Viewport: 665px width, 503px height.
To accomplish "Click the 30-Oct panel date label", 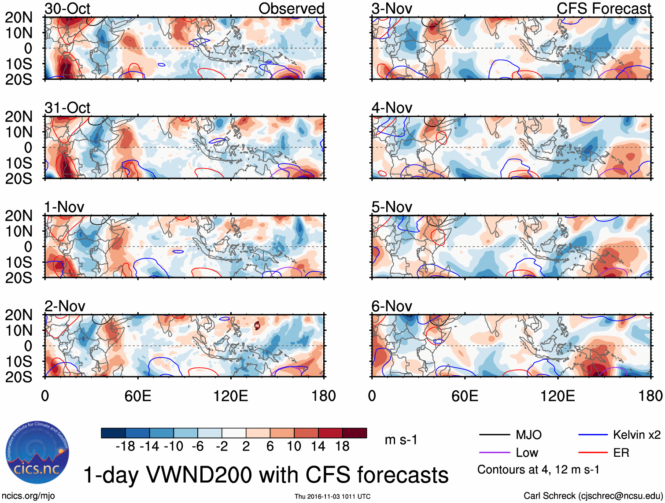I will [67, 9].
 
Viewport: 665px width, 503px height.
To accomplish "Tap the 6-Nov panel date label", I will [392, 306].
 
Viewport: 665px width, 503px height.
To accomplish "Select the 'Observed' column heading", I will [291, 9].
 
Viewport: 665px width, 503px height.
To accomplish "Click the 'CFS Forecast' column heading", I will [603, 9].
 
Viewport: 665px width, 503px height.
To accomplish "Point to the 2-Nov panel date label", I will [65, 306].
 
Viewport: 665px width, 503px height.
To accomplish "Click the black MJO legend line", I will [494, 435].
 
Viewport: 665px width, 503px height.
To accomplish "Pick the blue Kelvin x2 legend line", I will [593, 435].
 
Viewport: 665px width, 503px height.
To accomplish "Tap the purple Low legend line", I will [494, 453].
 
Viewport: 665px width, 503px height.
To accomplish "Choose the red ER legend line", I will [593, 453].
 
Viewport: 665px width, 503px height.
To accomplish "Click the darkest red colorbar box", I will [355, 433].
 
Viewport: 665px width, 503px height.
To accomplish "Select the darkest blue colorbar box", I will [113, 433].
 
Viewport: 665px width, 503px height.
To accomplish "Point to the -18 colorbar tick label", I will [126, 447].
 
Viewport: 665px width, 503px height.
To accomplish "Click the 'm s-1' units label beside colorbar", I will [401, 440].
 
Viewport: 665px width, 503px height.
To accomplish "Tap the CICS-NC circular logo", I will [37, 453].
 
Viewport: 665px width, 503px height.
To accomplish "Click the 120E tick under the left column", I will [231, 396].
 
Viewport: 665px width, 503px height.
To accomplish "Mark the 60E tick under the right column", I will [465, 396].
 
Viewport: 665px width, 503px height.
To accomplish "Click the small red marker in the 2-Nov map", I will [257, 326].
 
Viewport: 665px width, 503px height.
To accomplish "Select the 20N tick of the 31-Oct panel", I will [18, 117].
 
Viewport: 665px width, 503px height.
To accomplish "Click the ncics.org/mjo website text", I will [28, 496].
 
